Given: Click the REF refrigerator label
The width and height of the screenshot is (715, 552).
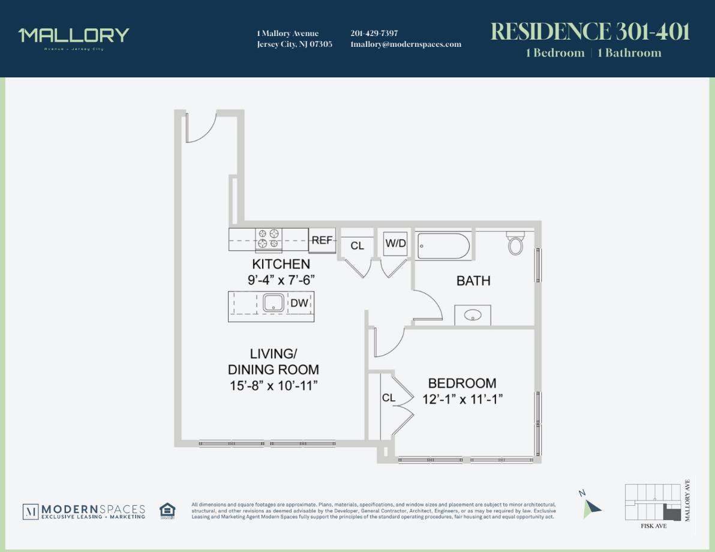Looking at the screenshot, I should click(x=322, y=241).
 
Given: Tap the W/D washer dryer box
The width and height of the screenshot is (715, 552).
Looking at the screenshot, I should click(x=396, y=243).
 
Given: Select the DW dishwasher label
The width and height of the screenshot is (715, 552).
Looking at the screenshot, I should click(x=299, y=303).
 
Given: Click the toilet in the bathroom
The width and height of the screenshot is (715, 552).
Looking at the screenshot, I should click(x=516, y=243).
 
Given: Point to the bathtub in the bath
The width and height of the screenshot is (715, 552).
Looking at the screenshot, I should click(x=444, y=246).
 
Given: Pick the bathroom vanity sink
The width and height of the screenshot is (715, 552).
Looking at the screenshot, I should click(x=473, y=315).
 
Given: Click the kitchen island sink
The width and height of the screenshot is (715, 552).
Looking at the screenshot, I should click(x=274, y=303).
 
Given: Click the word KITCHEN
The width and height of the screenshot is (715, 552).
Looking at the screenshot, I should click(x=281, y=264).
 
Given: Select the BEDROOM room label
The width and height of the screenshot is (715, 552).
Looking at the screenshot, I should click(x=462, y=383).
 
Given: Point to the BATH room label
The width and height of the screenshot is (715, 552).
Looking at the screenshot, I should click(x=473, y=280).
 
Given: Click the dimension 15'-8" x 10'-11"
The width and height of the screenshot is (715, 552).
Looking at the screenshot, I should click(x=273, y=385).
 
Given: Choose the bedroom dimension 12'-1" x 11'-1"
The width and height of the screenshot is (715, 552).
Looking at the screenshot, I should click(x=462, y=398).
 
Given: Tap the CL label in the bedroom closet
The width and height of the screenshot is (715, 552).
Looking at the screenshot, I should click(x=389, y=398).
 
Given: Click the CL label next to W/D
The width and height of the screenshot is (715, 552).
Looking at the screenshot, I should click(x=357, y=245).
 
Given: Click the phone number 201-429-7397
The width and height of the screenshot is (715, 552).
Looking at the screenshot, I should click(x=374, y=34).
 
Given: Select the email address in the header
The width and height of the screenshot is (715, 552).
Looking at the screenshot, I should click(x=406, y=44).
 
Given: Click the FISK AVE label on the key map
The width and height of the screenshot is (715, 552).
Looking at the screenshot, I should click(x=653, y=526).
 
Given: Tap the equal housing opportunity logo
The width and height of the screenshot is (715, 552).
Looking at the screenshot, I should click(x=168, y=511).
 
